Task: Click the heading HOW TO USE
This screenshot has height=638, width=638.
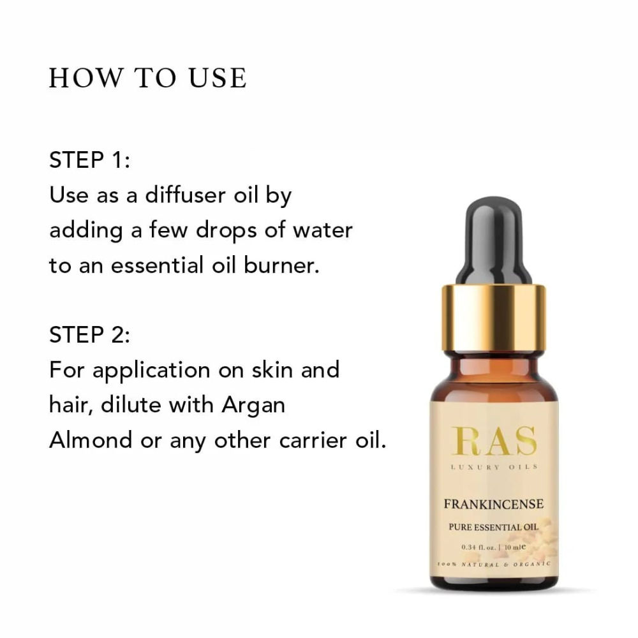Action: click(148, 78)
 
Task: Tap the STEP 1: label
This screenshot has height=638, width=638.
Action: click(89, 159)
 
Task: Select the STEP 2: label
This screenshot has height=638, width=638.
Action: click(89, 335)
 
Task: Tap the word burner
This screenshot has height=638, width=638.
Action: click(281, 265)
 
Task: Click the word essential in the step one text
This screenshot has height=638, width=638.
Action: click(158, 265)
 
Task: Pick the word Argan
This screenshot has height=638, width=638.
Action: click(253, 406)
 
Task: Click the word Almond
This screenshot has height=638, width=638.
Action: click(91, 440)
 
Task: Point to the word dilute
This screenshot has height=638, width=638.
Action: click(131, 405)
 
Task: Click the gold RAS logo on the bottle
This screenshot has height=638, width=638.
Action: click(494, 441)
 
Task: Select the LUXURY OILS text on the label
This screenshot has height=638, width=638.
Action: click(494, 467)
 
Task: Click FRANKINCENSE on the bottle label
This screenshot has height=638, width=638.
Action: click(494, 504)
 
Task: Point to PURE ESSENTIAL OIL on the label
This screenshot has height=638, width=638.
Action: click(494, 527)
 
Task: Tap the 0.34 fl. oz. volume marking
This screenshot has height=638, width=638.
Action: click(478, 547)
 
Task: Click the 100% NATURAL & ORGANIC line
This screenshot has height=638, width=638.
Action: click(494, 565)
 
